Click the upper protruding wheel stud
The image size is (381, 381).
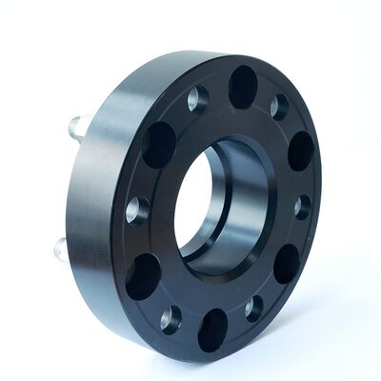click(79, 125)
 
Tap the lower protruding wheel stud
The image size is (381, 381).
click(62, 250)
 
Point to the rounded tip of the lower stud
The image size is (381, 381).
click(57, 251)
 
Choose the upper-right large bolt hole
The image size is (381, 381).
click(300, 150)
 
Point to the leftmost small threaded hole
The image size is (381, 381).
click(136, 210)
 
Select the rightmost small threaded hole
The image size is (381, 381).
click(303, 207)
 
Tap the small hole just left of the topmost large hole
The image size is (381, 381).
click(197, 98)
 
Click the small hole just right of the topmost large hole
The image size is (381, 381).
click(279, 105)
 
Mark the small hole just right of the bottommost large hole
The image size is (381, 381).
click(253, 307)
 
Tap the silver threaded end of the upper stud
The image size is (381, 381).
click(75, 125)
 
